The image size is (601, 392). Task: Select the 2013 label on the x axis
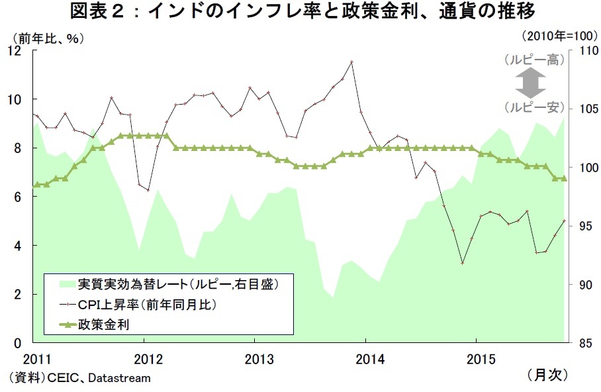(x=259, y=359)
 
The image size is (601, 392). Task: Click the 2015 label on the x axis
(x=481, y=359)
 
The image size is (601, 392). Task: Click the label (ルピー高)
(x=533, y=60)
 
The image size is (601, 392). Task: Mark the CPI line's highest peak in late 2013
(x=351, y=62)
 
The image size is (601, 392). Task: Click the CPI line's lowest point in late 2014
(x=462, y=263)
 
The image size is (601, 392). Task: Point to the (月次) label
(x=548, y=375)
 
